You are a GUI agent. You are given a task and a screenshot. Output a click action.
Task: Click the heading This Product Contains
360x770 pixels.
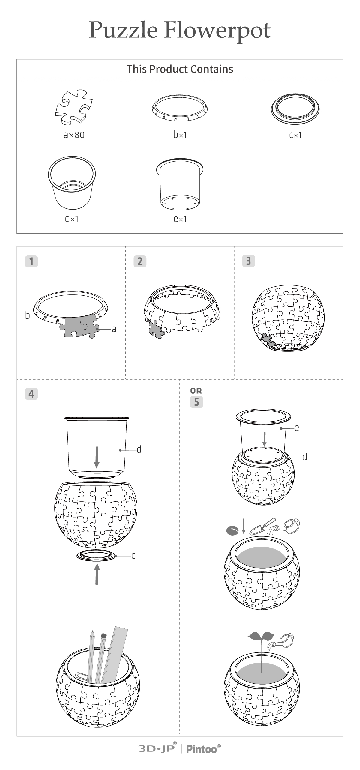(x=180, y=69)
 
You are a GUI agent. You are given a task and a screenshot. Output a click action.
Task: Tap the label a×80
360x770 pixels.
(x=74, y=135)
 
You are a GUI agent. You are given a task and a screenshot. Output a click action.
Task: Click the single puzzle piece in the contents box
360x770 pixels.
(x=74, y=107)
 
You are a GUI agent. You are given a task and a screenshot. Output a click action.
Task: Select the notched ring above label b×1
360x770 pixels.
(x=180, y=108)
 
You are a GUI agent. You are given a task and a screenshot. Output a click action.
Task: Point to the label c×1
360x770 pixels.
(x=295, y=135)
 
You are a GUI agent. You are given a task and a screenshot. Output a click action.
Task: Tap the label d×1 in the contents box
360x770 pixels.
(x=72, y=219)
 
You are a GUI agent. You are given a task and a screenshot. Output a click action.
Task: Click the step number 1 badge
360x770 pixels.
(x=31, y=261)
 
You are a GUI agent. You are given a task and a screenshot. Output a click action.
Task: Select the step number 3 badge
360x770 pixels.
(x=248, y=261)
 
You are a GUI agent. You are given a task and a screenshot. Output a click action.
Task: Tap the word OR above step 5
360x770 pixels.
(x=196, y=391)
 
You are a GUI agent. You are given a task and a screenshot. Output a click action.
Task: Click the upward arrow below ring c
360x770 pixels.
(x=97, y=574)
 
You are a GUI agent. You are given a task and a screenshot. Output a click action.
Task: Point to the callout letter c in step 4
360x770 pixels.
(x=133, y=556)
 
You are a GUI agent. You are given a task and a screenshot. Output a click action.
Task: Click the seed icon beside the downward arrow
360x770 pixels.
(x=232, y=530)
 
